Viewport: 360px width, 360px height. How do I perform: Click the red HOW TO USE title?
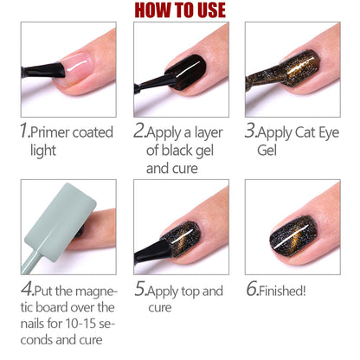tap(179, 10)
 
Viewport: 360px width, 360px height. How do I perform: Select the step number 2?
tap(138, 132)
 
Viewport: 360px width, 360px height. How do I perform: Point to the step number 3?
tap(251, 132)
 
